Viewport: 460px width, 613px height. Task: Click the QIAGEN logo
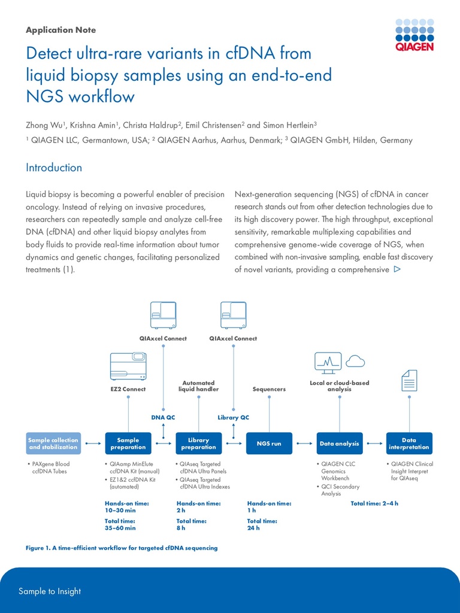point(414,34)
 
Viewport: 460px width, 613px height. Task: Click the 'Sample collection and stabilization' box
point(53,444)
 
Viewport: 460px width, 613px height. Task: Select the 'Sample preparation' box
point(128,444)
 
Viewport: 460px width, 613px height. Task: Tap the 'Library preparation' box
point(198,444)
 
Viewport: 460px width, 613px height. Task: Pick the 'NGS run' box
point(269,444)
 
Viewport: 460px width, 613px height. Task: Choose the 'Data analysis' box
point(340,444)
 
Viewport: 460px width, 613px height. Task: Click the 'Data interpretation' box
point(409,444)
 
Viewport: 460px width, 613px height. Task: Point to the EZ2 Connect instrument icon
point(128,366)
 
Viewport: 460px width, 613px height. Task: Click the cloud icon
point(355,360)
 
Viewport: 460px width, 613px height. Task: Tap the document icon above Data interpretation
point(409,380)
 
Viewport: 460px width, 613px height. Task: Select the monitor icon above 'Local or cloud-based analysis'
point(328,363)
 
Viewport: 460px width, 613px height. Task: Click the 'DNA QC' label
point(163,417)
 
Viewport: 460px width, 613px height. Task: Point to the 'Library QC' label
point(233,417)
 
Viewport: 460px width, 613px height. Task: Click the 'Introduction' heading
point(54,168)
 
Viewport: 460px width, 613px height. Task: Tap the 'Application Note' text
point(60,30)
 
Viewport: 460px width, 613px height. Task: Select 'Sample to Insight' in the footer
point(50,591)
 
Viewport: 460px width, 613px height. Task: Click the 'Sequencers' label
point(269,389)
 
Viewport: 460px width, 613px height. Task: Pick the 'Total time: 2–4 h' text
point(374,503)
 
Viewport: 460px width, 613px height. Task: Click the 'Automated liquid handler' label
point(198,386)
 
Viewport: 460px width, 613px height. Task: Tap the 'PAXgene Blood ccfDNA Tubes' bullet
point(50,468)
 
